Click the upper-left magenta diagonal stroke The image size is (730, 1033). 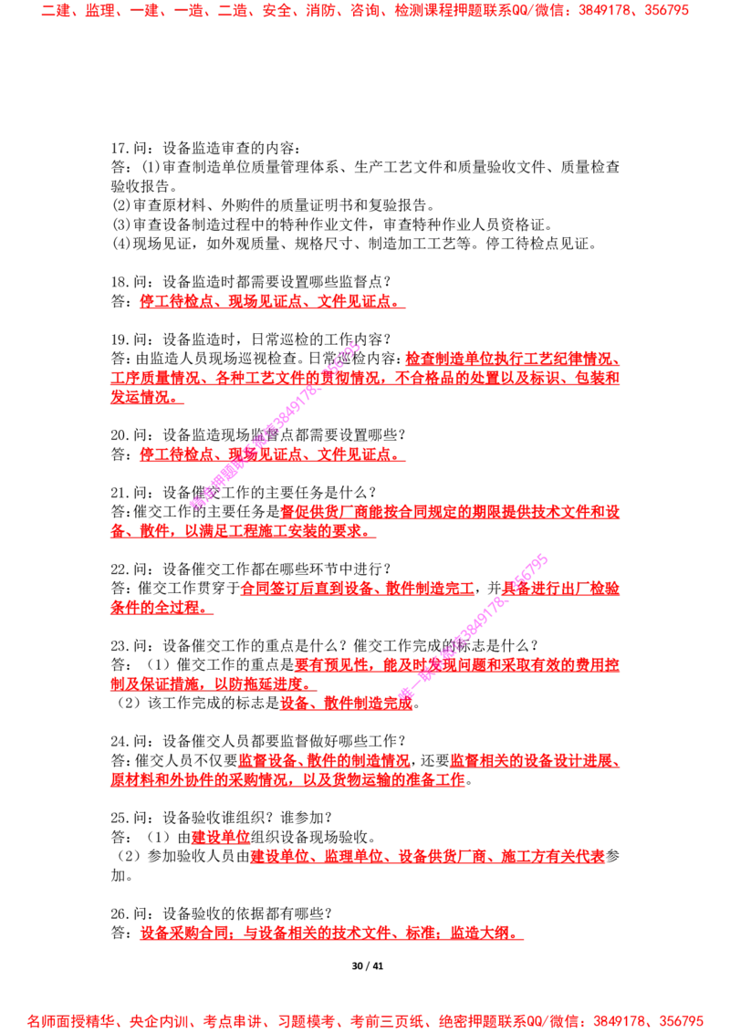coord(274,425)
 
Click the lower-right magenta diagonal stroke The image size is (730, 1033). coord(474,625)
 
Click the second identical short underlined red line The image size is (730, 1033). coord(272,454)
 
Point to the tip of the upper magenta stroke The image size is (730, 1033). coord(359,346)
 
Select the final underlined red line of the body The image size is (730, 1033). coord(330,934)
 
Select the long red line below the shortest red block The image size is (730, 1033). coord(427,857)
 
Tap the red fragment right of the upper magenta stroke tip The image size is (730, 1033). coord(511,357)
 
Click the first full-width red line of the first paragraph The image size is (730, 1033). coord(365,377)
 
